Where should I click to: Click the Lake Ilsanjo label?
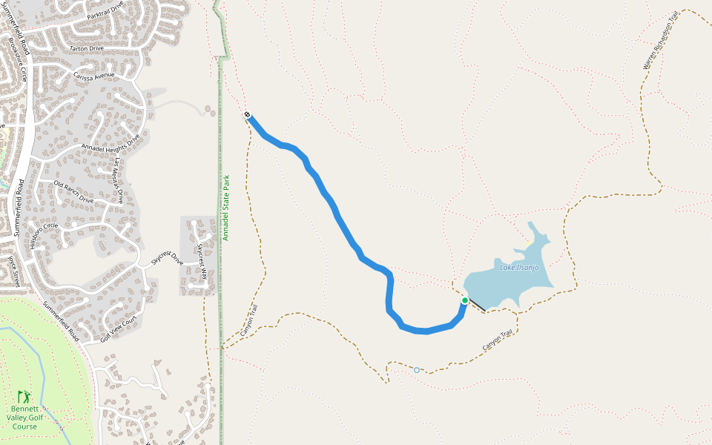pyautogui.click(x=519, y=268)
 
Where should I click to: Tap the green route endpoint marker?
pyautogui.click(x=465, y=300)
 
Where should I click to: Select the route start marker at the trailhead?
pyautogui.click(x=247, y=115)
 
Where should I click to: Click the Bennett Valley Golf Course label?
pyautogui.click(x=24, y=418)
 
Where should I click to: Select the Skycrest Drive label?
pyautogui.click(x=167, y=257)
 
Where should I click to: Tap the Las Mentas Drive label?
pyautogui.click(x=117, y=182)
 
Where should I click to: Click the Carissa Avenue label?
pyautogui.click(x=94, y=75)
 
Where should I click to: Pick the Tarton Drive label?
pyautogui.click(x=86, y=48)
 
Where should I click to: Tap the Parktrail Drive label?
pyautogui.click(x=105, y=10)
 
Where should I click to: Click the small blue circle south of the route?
pyautogui.click(x=417, y=370)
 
